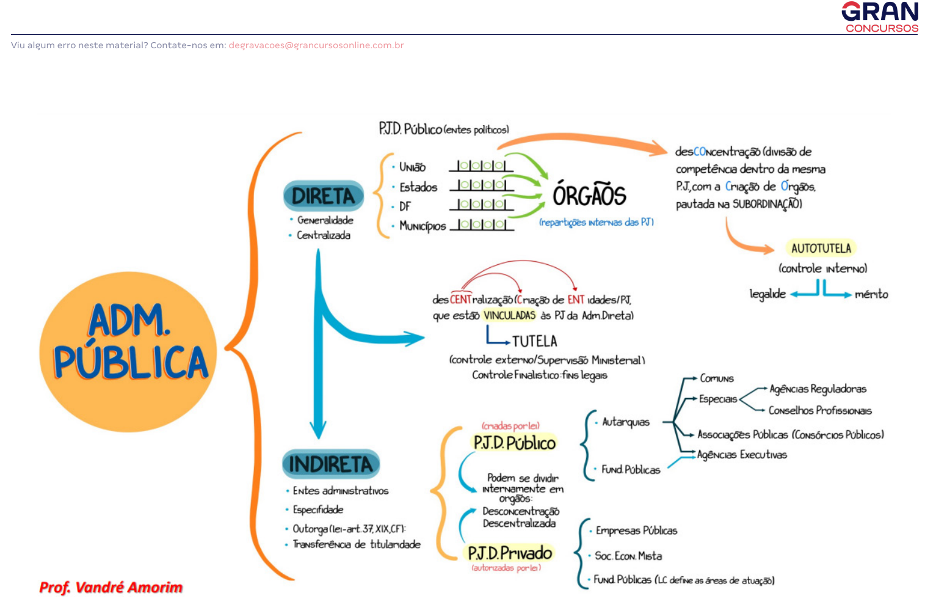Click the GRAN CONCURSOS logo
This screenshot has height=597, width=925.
coord(880,17)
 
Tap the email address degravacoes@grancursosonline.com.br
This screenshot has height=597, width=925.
coord(316,45)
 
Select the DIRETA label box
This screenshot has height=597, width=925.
coord(324,196)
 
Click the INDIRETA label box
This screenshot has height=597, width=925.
coord(331,464)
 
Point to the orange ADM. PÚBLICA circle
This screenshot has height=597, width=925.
coord(128,351)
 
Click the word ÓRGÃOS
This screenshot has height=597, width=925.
coord(589,196)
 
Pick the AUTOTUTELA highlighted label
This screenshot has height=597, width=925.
coord(821,248)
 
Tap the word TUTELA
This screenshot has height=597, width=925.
coord(534,341)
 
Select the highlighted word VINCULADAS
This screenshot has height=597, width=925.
coord(509,316)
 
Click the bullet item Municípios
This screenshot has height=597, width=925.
coord(423,226)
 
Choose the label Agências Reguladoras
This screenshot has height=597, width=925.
coord(818,389)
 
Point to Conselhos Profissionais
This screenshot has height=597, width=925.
coord(820,411)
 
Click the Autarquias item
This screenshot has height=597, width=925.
coord(626,422)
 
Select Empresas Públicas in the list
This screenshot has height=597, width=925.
coord(636,530)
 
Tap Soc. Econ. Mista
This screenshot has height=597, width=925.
coord(628,555)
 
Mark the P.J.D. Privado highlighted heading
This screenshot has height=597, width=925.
coord(510,553)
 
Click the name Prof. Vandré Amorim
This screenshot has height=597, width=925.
coord(111,587)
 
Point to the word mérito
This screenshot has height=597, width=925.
coord(871,294)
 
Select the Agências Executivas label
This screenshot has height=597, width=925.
coord(742,455)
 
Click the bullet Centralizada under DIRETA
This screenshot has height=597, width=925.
coord(324,236)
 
